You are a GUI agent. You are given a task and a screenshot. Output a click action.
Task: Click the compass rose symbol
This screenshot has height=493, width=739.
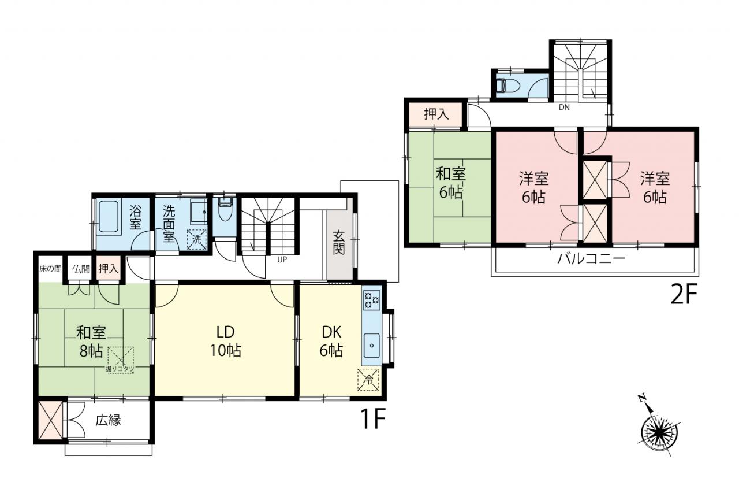(659, 429)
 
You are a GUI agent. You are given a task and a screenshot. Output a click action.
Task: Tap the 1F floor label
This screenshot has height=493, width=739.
(374, 419)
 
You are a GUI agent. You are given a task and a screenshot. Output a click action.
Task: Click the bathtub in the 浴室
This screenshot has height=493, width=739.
(111, 218)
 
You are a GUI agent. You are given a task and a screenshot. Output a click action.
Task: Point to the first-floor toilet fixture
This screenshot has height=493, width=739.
(225, 210)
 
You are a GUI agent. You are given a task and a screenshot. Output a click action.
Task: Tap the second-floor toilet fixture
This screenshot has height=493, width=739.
(509, 85)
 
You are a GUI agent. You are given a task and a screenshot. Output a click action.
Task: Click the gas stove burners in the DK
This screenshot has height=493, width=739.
(371, 300)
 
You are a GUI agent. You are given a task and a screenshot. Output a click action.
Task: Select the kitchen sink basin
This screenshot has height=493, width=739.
(371, 346)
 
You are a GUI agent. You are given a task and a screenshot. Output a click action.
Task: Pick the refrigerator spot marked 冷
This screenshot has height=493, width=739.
(368, 380)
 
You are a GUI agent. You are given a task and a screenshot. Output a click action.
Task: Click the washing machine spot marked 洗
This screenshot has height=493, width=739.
(197, 240)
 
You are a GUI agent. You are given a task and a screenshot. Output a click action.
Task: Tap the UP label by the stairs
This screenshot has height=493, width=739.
(282, 260)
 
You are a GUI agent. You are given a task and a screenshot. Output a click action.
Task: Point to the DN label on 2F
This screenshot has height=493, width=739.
(564, 108)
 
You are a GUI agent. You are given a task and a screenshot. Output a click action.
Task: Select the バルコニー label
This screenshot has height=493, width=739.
(592, 259)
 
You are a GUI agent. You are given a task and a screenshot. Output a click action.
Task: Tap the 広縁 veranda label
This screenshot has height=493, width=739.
(109, 420)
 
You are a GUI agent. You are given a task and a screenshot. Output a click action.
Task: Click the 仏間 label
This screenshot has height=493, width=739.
(81, 269)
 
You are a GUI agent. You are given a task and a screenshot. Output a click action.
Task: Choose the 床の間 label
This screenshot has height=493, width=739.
(50, 269)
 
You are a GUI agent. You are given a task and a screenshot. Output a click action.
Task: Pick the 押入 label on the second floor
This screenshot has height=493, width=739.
(436, 114)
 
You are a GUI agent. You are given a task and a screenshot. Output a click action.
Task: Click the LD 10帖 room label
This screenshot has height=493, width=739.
(226, 342)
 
